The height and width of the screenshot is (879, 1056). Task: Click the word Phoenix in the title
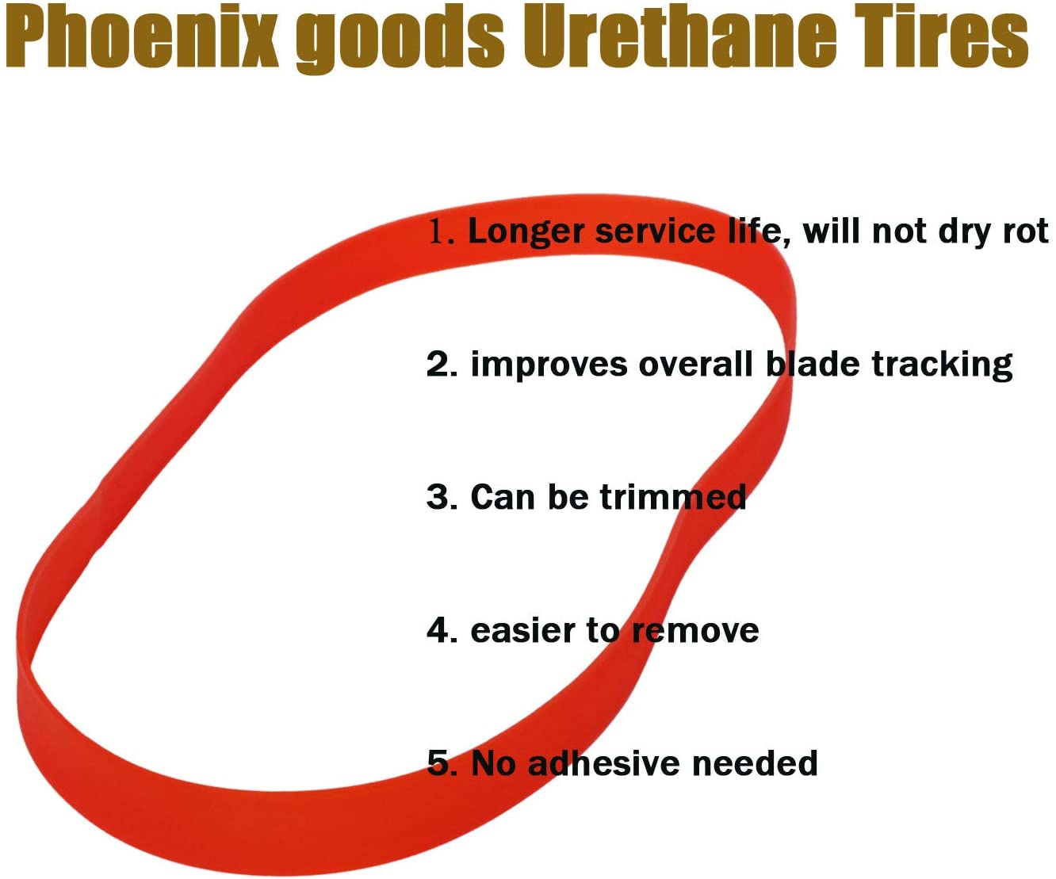(x=143, y=36)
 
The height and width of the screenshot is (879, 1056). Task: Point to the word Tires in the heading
(x=942, y=36)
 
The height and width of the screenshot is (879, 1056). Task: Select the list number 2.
(x=442, y=364)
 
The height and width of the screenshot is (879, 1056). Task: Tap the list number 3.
(x=442, y=497)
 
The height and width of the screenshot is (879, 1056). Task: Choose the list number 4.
(x=442, y=630)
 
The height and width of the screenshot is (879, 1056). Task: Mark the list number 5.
(x=442, y=762)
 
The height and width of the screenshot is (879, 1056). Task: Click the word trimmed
(x=672, y=497)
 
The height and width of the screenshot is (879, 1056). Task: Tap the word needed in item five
(x=755, y=763)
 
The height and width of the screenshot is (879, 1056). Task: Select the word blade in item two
(x=813, y=364)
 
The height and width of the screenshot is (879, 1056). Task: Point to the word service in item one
(x=655, y=232)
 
